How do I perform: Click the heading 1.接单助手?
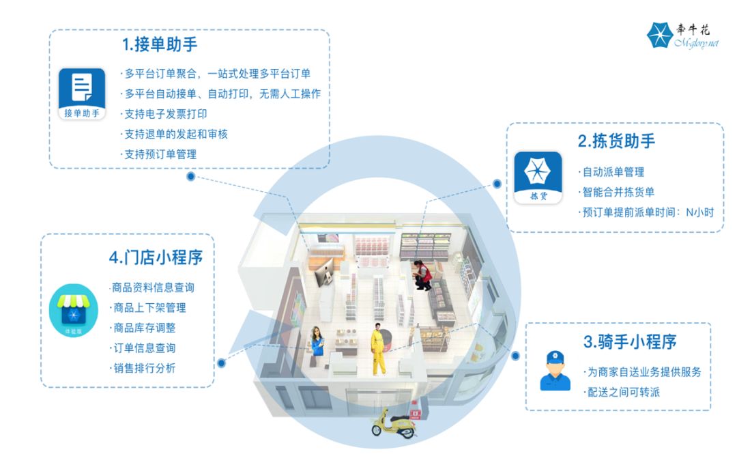click(x=160, y=46)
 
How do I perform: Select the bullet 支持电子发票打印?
click(x=165, y=114)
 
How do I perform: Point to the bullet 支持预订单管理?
click(x=160, y=154)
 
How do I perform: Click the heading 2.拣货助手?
click(x=616, y=141)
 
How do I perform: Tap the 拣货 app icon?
click(x=538, y=176)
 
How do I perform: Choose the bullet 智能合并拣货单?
click(x=617, y=192)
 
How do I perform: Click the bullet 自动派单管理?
click(x=612, y=172)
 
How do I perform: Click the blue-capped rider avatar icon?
click(x=555, y=371)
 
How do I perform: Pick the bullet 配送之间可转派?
click(x=623, y=392)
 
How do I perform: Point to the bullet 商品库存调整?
click(x=143, y=328)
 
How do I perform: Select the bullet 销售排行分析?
click(x=143, y=368)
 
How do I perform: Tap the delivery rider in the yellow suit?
click(x=378, y=350)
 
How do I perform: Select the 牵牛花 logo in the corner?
click(x=682, y=36)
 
